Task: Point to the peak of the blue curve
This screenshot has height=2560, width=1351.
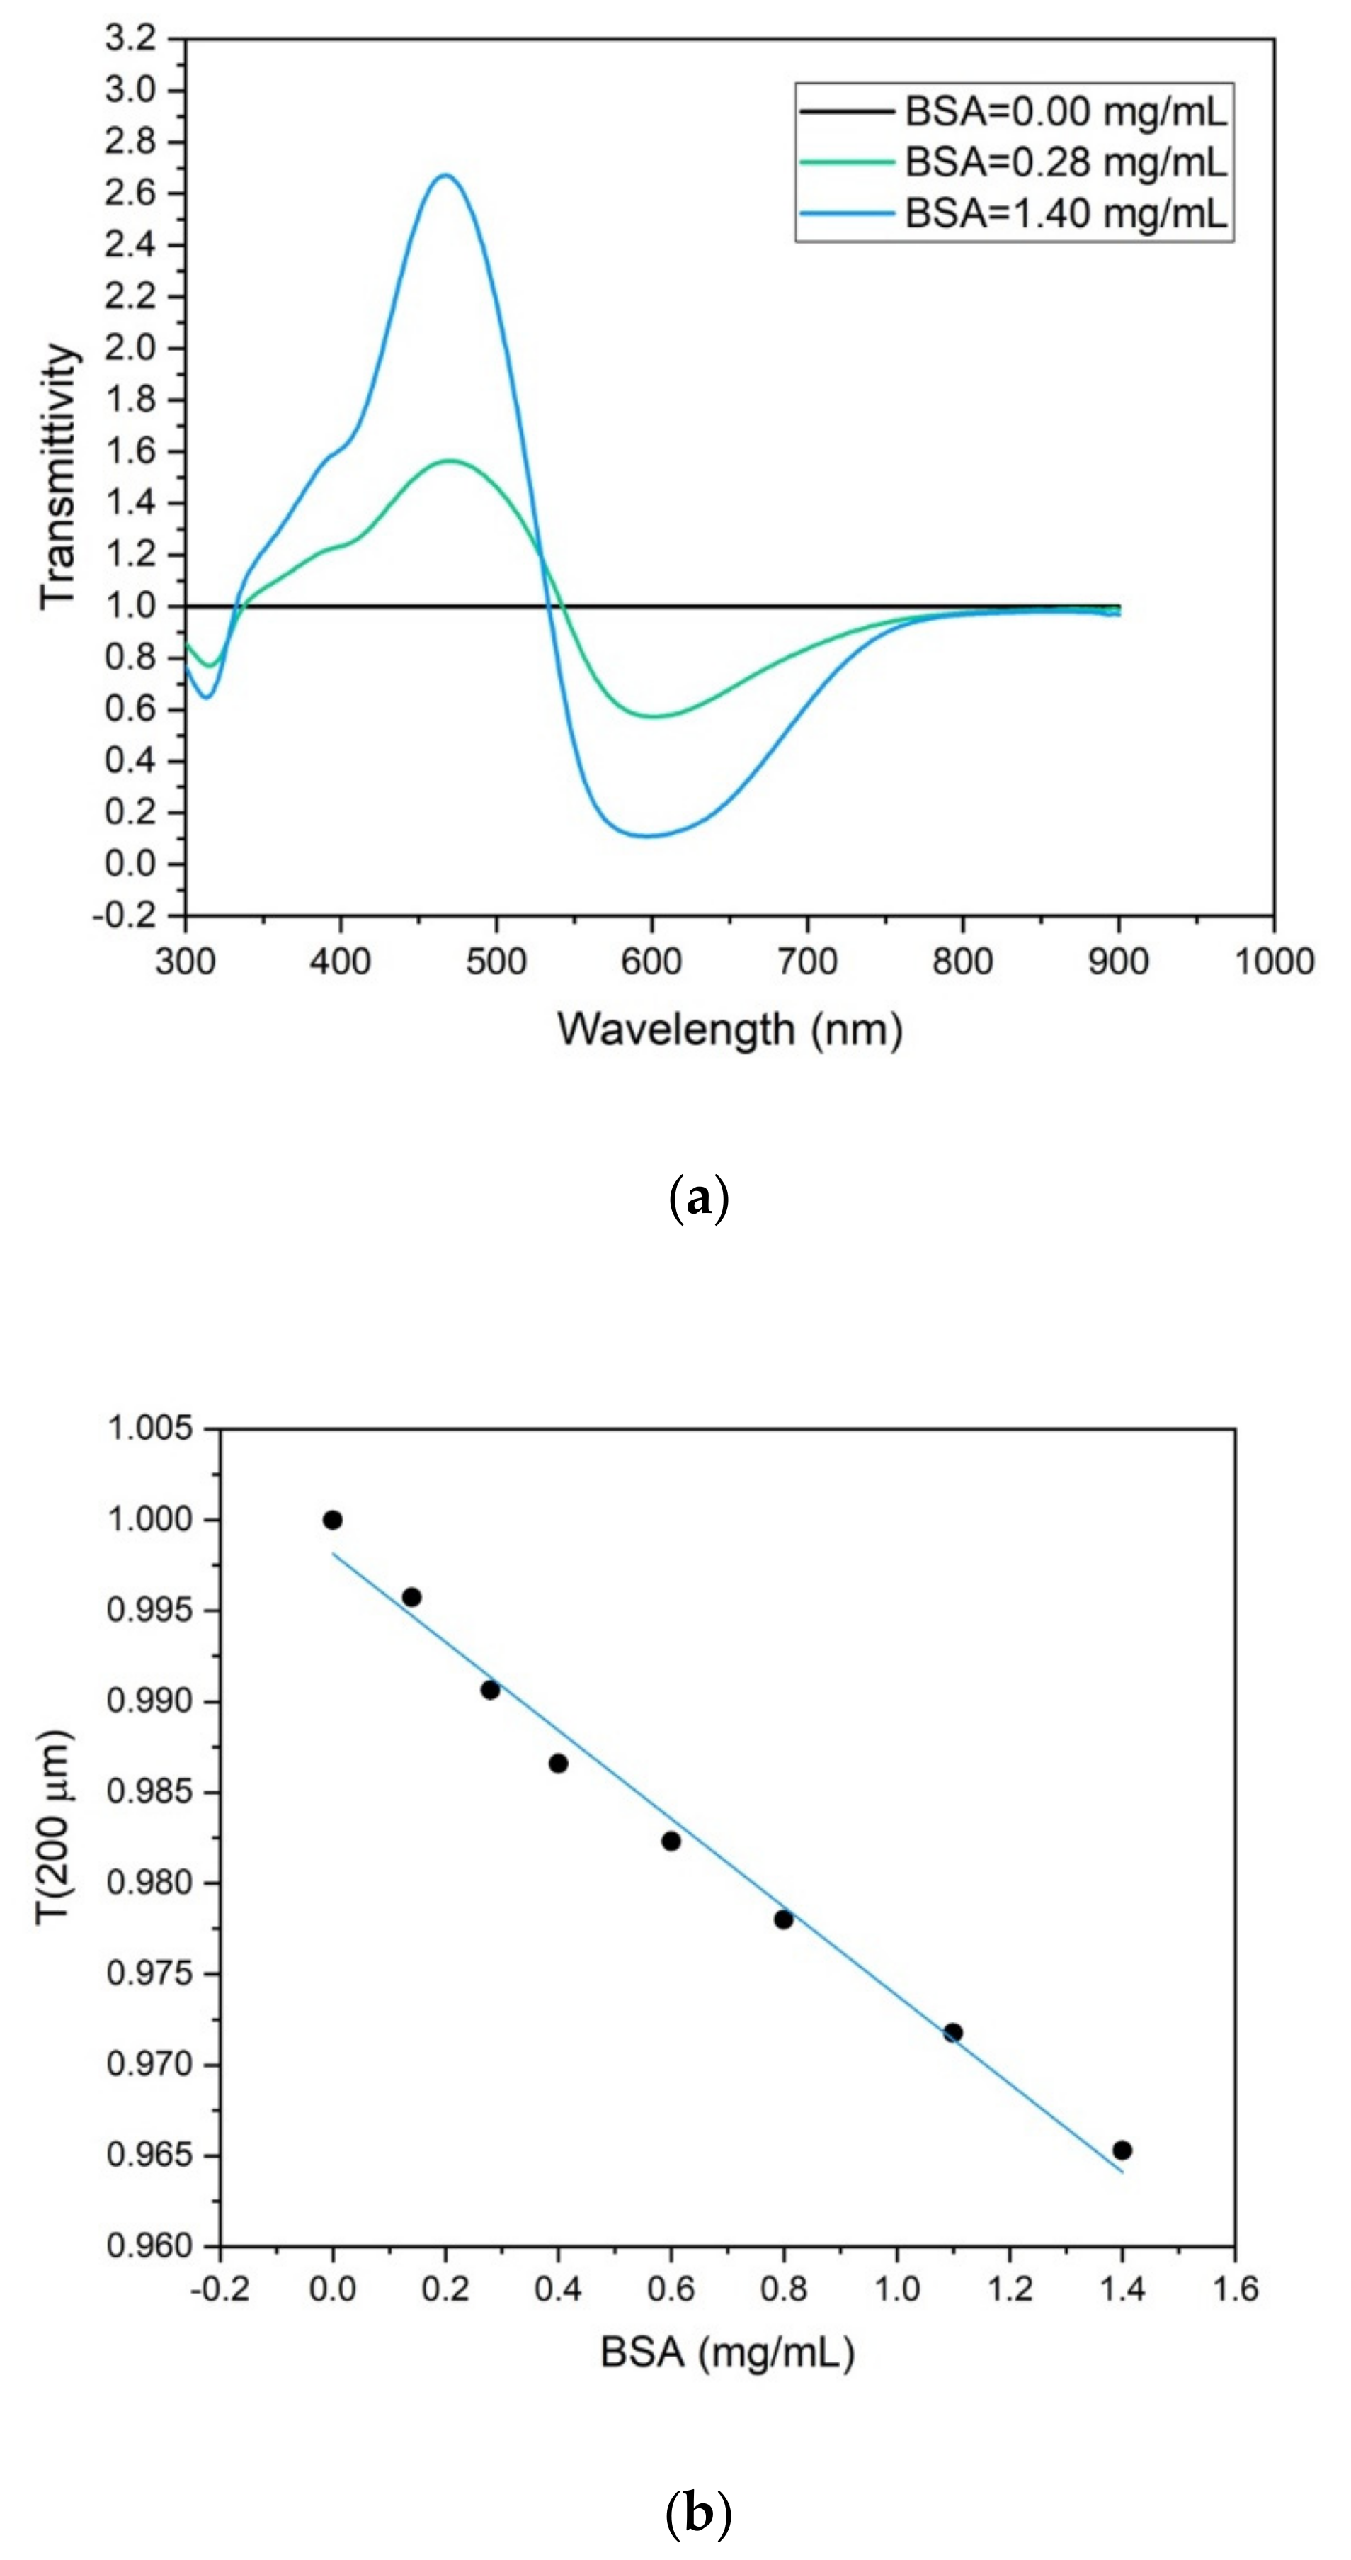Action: coord(445,176)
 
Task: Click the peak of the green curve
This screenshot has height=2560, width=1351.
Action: coord(450,460)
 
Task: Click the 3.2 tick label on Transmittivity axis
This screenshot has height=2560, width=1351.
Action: coord(130,40)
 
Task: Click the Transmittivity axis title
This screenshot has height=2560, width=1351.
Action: coord(57,476)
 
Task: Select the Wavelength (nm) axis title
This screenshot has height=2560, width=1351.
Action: coord(729,1030)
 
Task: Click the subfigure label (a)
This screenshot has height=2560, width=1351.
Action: coord(700,1200)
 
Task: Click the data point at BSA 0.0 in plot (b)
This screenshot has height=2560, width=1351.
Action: coord(333,1520)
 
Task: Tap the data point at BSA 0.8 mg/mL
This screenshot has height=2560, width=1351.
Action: coord(784,1919)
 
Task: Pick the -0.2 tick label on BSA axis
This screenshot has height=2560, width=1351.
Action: coord(220,2290)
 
